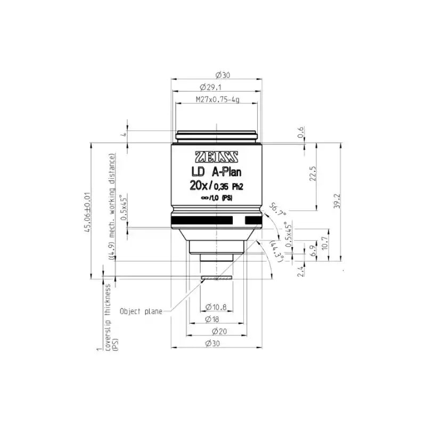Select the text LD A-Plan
tap(216, 171)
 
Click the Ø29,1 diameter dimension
tap(216, 86)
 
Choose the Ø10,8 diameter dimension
tap(217, 307)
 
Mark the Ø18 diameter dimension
tap(216, 319)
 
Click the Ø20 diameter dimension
tap(216, 331)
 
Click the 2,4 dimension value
tap(300, 271)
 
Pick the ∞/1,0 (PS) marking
tap(216, 199)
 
